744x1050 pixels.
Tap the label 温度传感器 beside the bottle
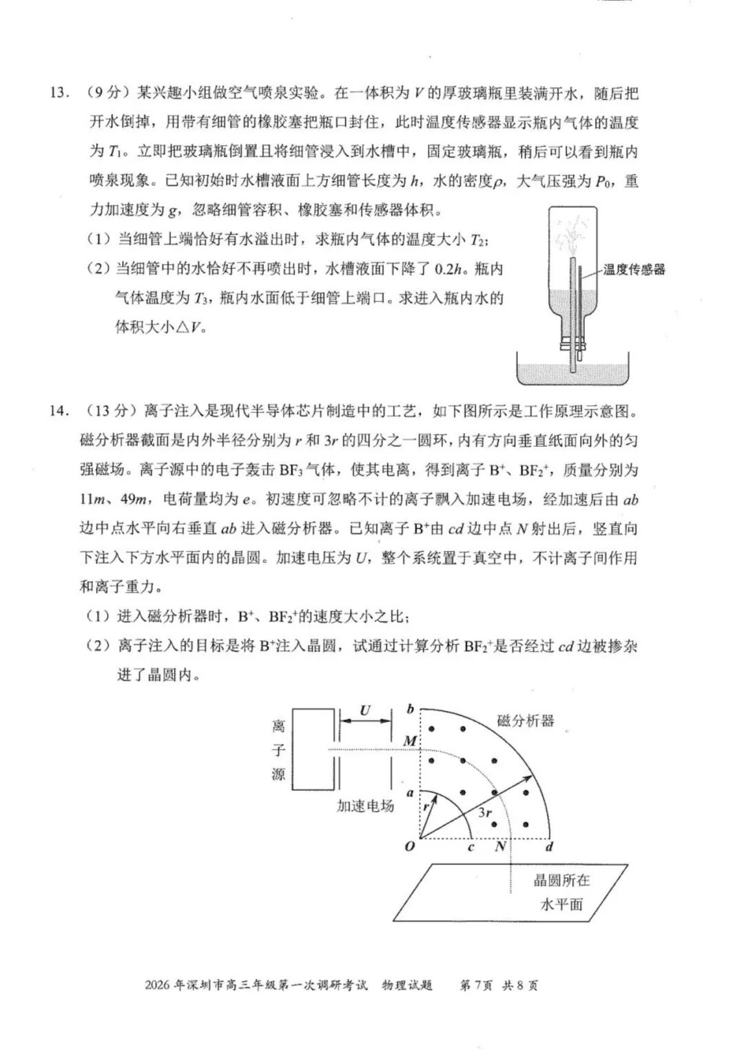(x=634, y=269)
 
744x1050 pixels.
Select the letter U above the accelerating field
(x=364, y=710)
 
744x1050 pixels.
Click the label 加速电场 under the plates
(x=365, y=806)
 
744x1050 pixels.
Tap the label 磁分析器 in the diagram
(x=526, y=721)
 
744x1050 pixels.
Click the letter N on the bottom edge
(x=501, y=846)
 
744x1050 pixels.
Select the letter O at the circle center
(x=409, y=846)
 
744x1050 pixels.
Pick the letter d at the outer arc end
(x=549, y=846)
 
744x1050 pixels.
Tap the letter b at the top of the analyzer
(x=411, y=708)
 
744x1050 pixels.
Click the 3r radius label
(x=485, y=812)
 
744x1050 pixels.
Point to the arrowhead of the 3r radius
(x=529, y=777)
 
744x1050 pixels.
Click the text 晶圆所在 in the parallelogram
(x=561, y=880)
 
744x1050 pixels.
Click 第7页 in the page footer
(x=475, y=985)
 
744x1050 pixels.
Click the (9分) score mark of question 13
(x=104, y=93)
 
